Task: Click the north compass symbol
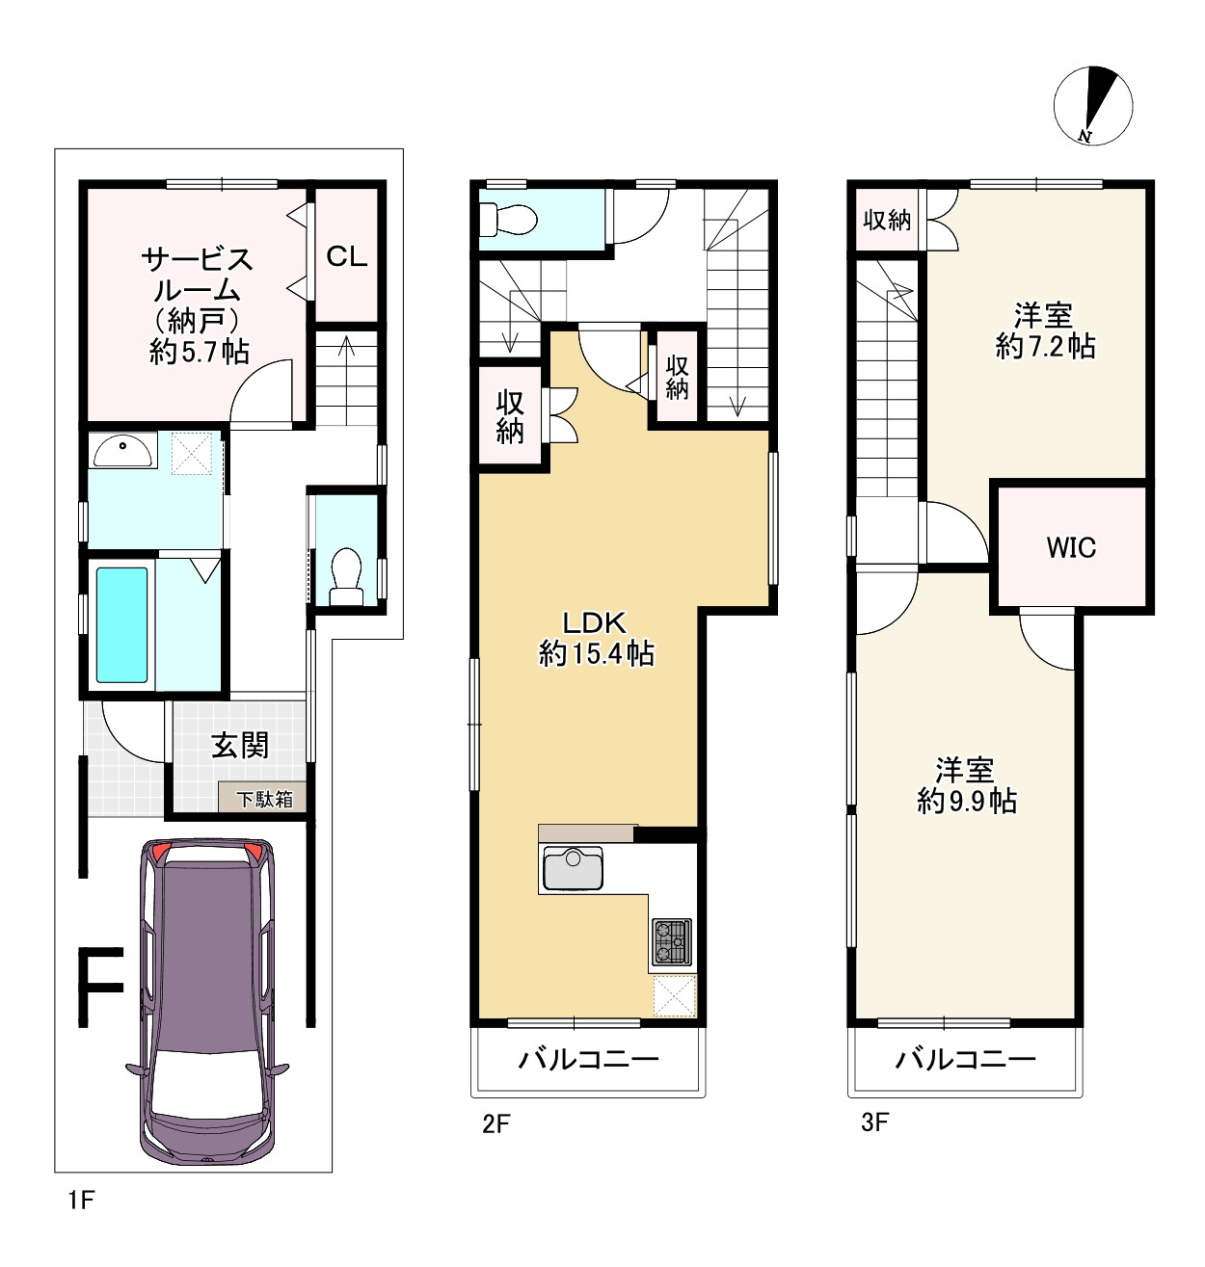coord(1093,106)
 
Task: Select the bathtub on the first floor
coord(121,624)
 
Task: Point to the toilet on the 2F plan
coord(508,220)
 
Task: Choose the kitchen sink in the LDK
coord(573,868)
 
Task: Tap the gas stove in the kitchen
coord(672,941)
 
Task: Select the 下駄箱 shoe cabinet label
coord(264,800)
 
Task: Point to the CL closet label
coord(346,256)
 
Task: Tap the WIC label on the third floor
coord(1071,548)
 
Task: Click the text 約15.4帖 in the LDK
coord(596,655)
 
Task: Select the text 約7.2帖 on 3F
coord(1045,348)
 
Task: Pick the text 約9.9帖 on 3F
coord(967,802)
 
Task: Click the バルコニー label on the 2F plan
coord(589,1059)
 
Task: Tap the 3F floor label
coord(874,1122)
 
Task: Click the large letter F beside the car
coord(100,987)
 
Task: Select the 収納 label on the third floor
coord(887,221)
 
